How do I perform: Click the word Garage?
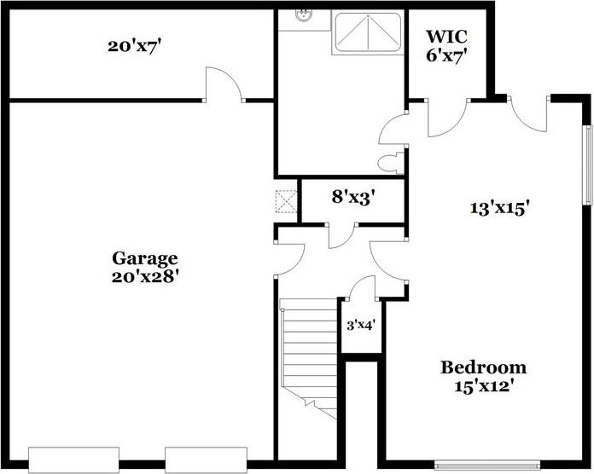click(144, 257)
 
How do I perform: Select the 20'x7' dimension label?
click(135, 47)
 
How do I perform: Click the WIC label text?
click(446, 38)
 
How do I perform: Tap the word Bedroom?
click(483, 367)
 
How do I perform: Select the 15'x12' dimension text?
click(483, 385)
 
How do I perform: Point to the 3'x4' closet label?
click(360, 325)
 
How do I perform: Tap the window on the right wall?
click(586, 166)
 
